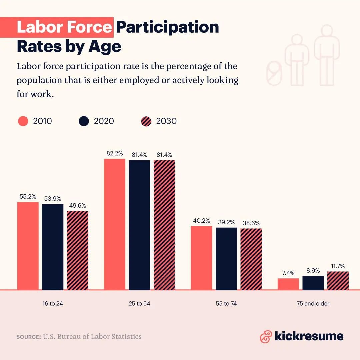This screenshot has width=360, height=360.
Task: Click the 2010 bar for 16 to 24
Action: [28, 246]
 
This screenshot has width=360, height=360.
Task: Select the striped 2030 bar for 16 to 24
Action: [77, 250]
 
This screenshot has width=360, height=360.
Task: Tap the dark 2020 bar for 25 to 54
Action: [139, 225]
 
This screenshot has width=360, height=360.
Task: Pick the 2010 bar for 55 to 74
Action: [201, 258]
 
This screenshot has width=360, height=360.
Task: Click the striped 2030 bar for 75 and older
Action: [338, 281]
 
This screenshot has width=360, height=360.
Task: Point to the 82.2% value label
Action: [115, 154]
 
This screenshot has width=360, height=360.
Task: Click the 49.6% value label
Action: [77, 205]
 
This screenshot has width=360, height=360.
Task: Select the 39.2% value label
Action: [226, 222]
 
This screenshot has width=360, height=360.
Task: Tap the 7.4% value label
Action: [288, 273]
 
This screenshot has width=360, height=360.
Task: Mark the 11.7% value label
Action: [338, 266]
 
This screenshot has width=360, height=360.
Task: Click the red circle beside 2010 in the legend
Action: [23, 121]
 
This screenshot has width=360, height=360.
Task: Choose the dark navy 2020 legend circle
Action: [84, 121]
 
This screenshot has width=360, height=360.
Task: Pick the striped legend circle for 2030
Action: [146, 121]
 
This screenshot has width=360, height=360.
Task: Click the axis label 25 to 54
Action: [139, 304]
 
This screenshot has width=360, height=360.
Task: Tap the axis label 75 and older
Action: [313, 304]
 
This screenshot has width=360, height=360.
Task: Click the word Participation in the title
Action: [167, 27]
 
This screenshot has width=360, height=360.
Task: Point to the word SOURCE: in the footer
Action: [29, 337]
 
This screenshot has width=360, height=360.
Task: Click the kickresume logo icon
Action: [266, 336]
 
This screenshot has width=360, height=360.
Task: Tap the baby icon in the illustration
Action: [274, 72]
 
